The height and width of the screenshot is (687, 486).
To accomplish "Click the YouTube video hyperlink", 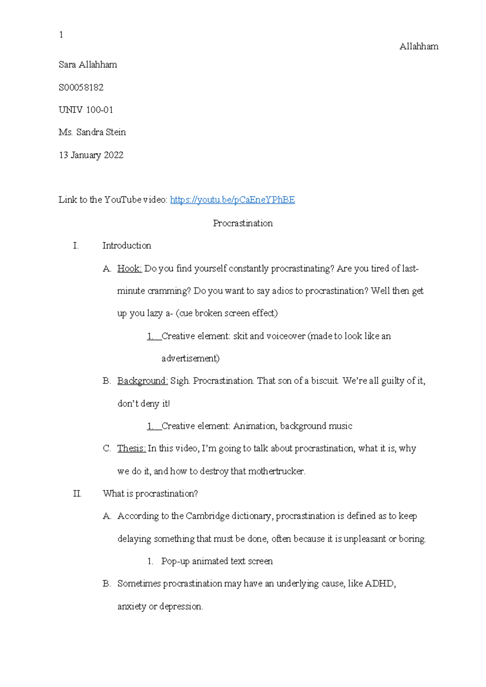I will (x=232, y=200).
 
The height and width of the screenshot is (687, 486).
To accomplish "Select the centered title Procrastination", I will (x=243, y=223).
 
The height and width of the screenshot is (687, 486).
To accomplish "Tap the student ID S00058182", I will (x=81, y=87).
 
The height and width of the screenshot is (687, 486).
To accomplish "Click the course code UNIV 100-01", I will (x=86, y=110).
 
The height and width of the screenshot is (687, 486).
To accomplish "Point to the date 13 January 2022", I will (x=91, y=155).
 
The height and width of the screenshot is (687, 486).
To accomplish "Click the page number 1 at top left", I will (x=61, y=35).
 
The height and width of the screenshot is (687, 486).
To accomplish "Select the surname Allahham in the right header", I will (x=419, y=47).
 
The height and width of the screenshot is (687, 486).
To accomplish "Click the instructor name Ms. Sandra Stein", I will (x=92, y=132).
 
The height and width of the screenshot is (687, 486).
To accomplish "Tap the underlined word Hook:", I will (x=129, y=269).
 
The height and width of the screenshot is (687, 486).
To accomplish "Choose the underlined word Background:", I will (x=143, y=381).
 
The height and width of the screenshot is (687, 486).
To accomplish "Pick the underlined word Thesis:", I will (x=131, y=448).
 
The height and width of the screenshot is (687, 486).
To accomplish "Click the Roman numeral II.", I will (x=77, y=493).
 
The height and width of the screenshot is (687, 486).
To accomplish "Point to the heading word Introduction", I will (x=127, y=245).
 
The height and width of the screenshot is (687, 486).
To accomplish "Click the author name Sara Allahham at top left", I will (x=88, y=65).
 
